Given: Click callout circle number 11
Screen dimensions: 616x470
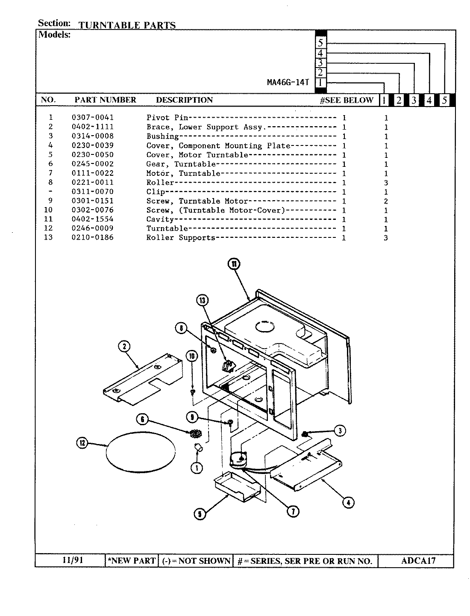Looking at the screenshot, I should coord(234,265).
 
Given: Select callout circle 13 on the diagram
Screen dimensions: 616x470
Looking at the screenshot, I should coord(202,301).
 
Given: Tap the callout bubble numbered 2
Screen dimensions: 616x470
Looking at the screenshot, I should coord(124,346).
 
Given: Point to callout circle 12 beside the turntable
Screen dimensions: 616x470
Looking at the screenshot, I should coord(82,443).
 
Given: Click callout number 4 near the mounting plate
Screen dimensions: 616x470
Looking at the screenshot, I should coord(348,503).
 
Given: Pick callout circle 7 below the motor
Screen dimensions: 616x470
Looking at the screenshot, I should coord(293,511).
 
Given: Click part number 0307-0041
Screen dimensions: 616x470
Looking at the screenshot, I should coord(93,117).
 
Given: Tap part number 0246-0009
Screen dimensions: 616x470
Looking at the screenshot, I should coord(93,228).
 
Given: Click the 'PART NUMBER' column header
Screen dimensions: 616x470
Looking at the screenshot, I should coord(105,100).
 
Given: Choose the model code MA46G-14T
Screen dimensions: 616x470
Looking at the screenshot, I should coord(288,83).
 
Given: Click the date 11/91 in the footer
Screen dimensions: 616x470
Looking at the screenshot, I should coord(70,560).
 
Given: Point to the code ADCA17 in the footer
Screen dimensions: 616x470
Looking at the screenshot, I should coord(418,560).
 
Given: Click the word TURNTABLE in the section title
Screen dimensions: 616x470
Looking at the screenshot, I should coord(109,25).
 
